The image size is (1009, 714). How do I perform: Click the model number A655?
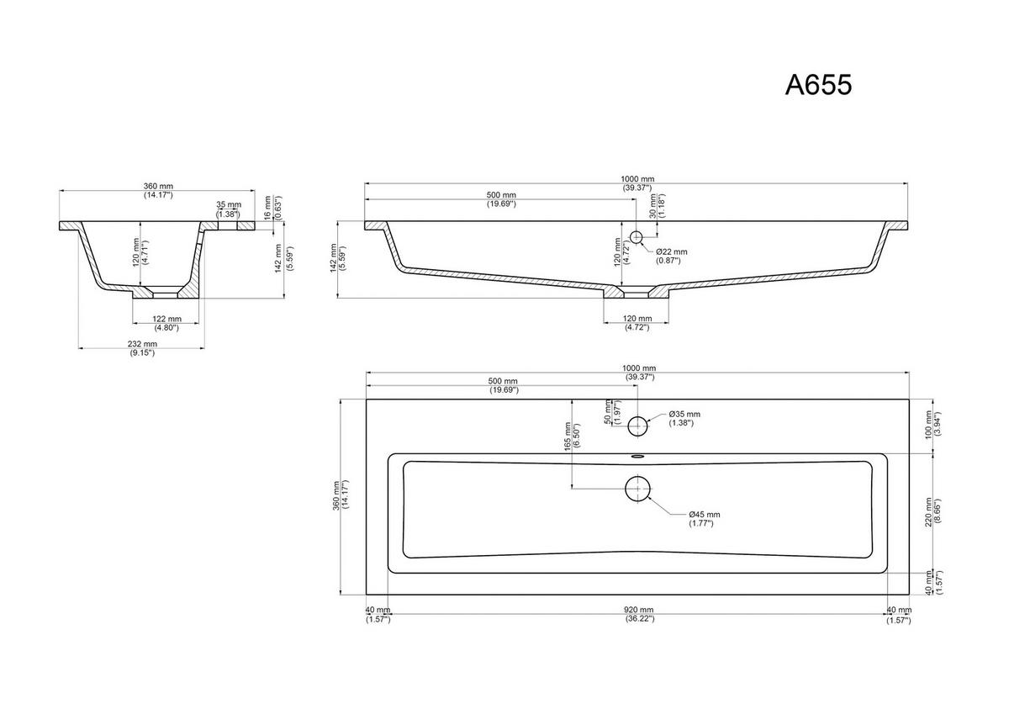(x=818, y=85)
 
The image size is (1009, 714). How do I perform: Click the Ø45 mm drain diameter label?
(x=704, y=515)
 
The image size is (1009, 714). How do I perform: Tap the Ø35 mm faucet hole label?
(x=684, y=414)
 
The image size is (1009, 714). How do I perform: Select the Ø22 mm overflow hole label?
(x=672, y=251)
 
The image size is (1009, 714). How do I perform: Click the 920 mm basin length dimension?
(x=638, y=610)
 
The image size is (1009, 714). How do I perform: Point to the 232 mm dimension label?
(x=142, y=344)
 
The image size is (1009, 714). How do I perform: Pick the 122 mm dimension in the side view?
(x=166, y=319)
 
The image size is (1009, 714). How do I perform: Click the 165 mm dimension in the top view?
(x=568, y=436)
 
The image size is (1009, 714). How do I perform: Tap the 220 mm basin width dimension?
(x=928, y=513)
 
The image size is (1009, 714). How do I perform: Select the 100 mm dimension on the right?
(x=928, y=425)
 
